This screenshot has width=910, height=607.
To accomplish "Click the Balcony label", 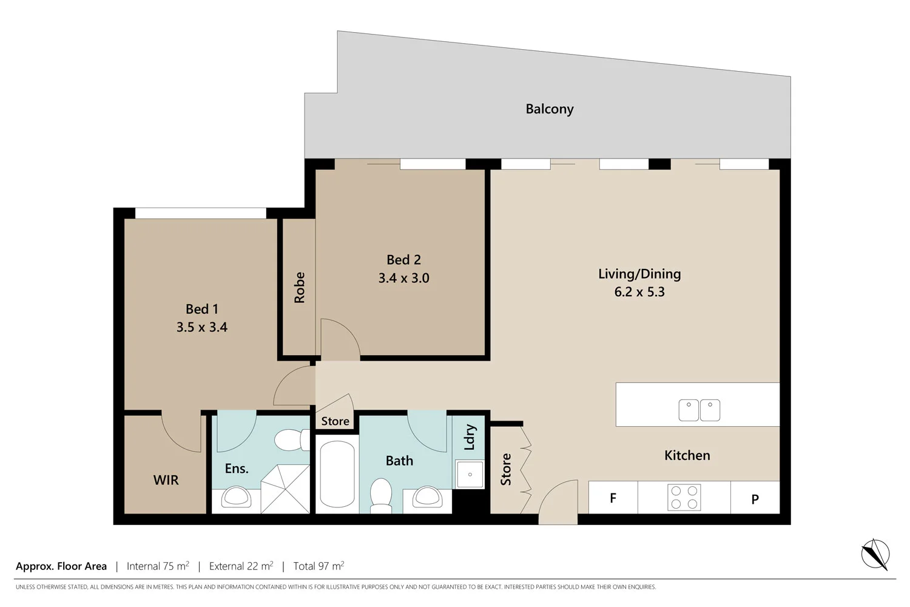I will click(549, 109).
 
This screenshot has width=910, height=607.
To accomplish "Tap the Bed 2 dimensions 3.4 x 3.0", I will click(403, 278).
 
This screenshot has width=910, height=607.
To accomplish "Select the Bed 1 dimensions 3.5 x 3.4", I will click(201, 327).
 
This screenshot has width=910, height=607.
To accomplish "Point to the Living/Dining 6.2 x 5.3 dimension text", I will click(639, 292).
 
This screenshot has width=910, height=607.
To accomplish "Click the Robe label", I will click(299, 287).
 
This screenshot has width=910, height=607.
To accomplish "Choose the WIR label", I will click(166, 480).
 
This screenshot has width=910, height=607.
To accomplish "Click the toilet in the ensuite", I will click(292, 440).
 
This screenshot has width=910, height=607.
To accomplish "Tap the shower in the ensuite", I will click(285, 489).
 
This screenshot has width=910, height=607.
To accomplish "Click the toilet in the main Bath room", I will click(381, 492).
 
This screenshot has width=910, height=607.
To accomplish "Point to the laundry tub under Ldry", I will click(470, 474).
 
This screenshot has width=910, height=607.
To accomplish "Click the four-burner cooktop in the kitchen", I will click(684, 497).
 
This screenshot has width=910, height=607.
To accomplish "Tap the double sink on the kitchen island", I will click(699, 410).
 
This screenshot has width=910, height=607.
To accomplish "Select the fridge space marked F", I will click(613, 498).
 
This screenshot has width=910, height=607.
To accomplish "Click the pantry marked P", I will click(755, 500).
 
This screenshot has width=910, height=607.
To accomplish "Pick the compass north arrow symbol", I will click(875, 554).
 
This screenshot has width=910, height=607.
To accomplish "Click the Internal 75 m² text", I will click(158, 566).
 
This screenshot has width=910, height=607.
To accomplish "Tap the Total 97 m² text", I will click(318, 566).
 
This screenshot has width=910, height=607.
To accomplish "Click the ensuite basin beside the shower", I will click(236, 497).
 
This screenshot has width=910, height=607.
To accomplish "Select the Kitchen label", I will click(687, 455).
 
